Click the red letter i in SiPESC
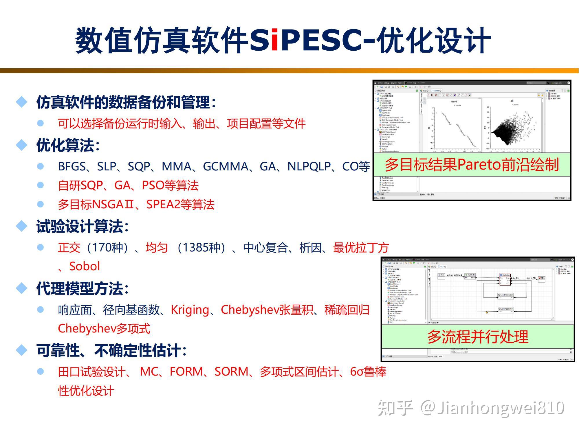275,41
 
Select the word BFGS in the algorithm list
72,167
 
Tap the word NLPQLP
309,167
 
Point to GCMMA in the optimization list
226,167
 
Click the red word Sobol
85,266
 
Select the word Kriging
190,310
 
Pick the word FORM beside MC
186,372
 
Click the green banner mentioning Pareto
472,165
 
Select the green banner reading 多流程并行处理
478,337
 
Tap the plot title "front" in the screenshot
454,102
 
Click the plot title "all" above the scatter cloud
512,101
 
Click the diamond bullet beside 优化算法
22,145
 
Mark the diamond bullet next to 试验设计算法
22,226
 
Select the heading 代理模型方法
82,288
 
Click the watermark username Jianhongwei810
500,408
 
